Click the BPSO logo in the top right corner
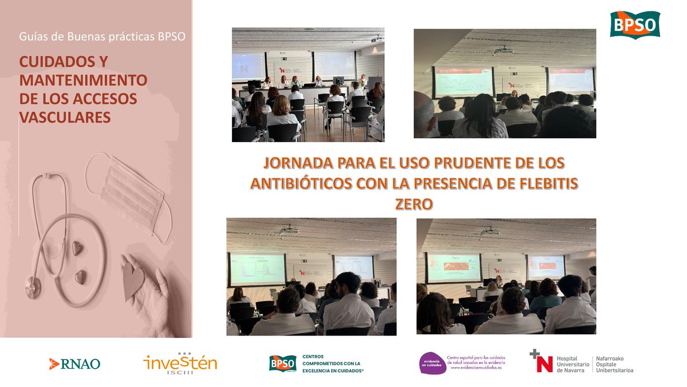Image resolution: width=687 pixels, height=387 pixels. (634, 24)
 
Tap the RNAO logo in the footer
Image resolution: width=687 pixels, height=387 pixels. (74, 363)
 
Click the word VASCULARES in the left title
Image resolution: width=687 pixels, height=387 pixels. (64, 117)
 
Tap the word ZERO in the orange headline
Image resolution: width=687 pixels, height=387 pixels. (413, 204)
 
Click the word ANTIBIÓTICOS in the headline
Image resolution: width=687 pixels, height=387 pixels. (302, 183)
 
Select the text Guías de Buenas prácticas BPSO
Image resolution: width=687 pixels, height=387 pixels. (102, 37)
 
